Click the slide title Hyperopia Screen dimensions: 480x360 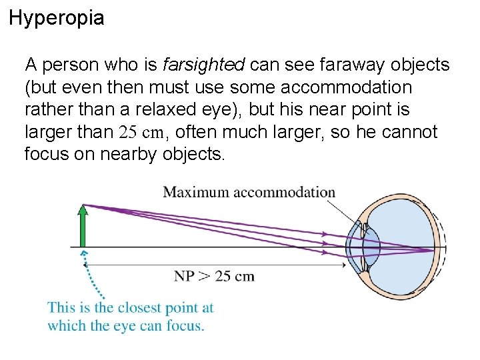[x=57, y=18]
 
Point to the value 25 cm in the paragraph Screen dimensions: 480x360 [x=141, y=133]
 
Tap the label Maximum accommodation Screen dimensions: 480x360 [x=249, y=193]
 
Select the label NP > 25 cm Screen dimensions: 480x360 [x=214, y=275]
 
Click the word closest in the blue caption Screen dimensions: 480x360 [x=140, y=308]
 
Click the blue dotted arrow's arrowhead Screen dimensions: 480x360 [x=83, y=254]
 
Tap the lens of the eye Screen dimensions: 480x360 [x=371, y=247]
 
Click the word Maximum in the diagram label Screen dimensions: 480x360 [x=193, y=193]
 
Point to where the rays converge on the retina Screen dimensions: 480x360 [x=434, y=251]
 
